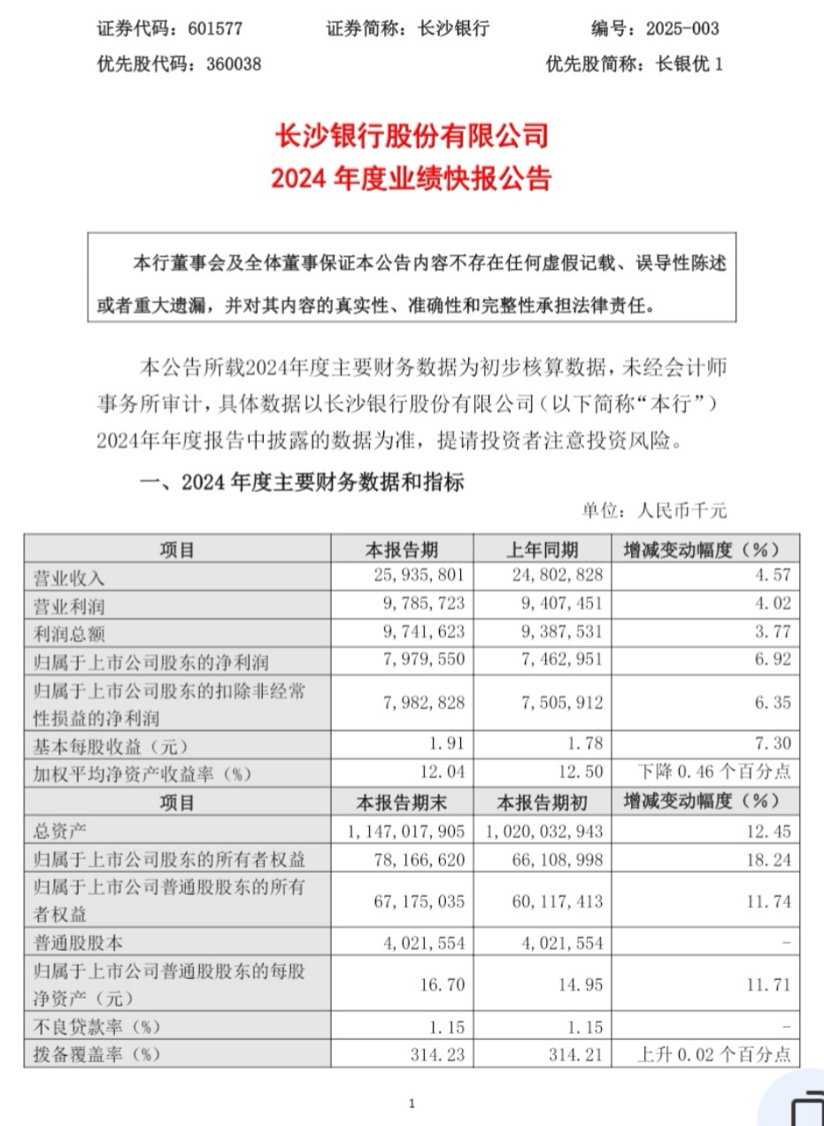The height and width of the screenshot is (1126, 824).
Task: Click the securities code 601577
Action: pyautogui.click(x=215, y=29)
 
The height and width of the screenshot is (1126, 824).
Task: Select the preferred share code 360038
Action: pyautogui.click(x=224, y=65)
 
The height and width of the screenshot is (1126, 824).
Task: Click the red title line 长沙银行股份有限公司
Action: pyautogui.click(x=412, y=136)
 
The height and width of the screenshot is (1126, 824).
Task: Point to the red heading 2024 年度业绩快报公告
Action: pyautogui.click(x=412, y=179)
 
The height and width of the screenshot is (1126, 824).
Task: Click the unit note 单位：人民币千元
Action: pyautogui.click(x=654, y=511)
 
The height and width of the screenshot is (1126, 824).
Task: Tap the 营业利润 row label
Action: pyautogui.click(x=69, y=604)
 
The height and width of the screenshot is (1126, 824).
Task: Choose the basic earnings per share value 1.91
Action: pyautogui.click(x=440, y=744)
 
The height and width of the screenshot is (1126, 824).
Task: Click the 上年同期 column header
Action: pyautogui.click(x=543, y=549)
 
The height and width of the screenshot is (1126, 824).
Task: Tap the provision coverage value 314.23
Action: pyautogui.click(x=435, y=1055)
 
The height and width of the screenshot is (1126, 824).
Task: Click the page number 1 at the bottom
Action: pyautogui.click(x=412, y=1103)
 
